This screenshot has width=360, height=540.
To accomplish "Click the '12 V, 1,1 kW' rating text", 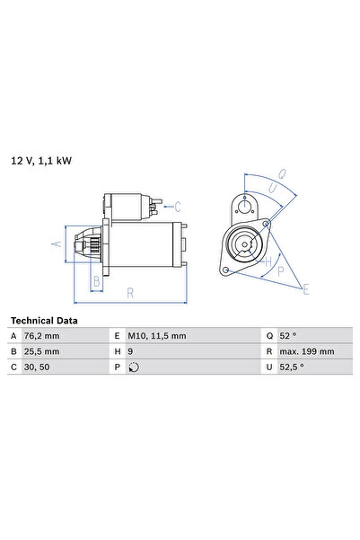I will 41,161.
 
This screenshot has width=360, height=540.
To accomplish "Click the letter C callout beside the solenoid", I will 178,205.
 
